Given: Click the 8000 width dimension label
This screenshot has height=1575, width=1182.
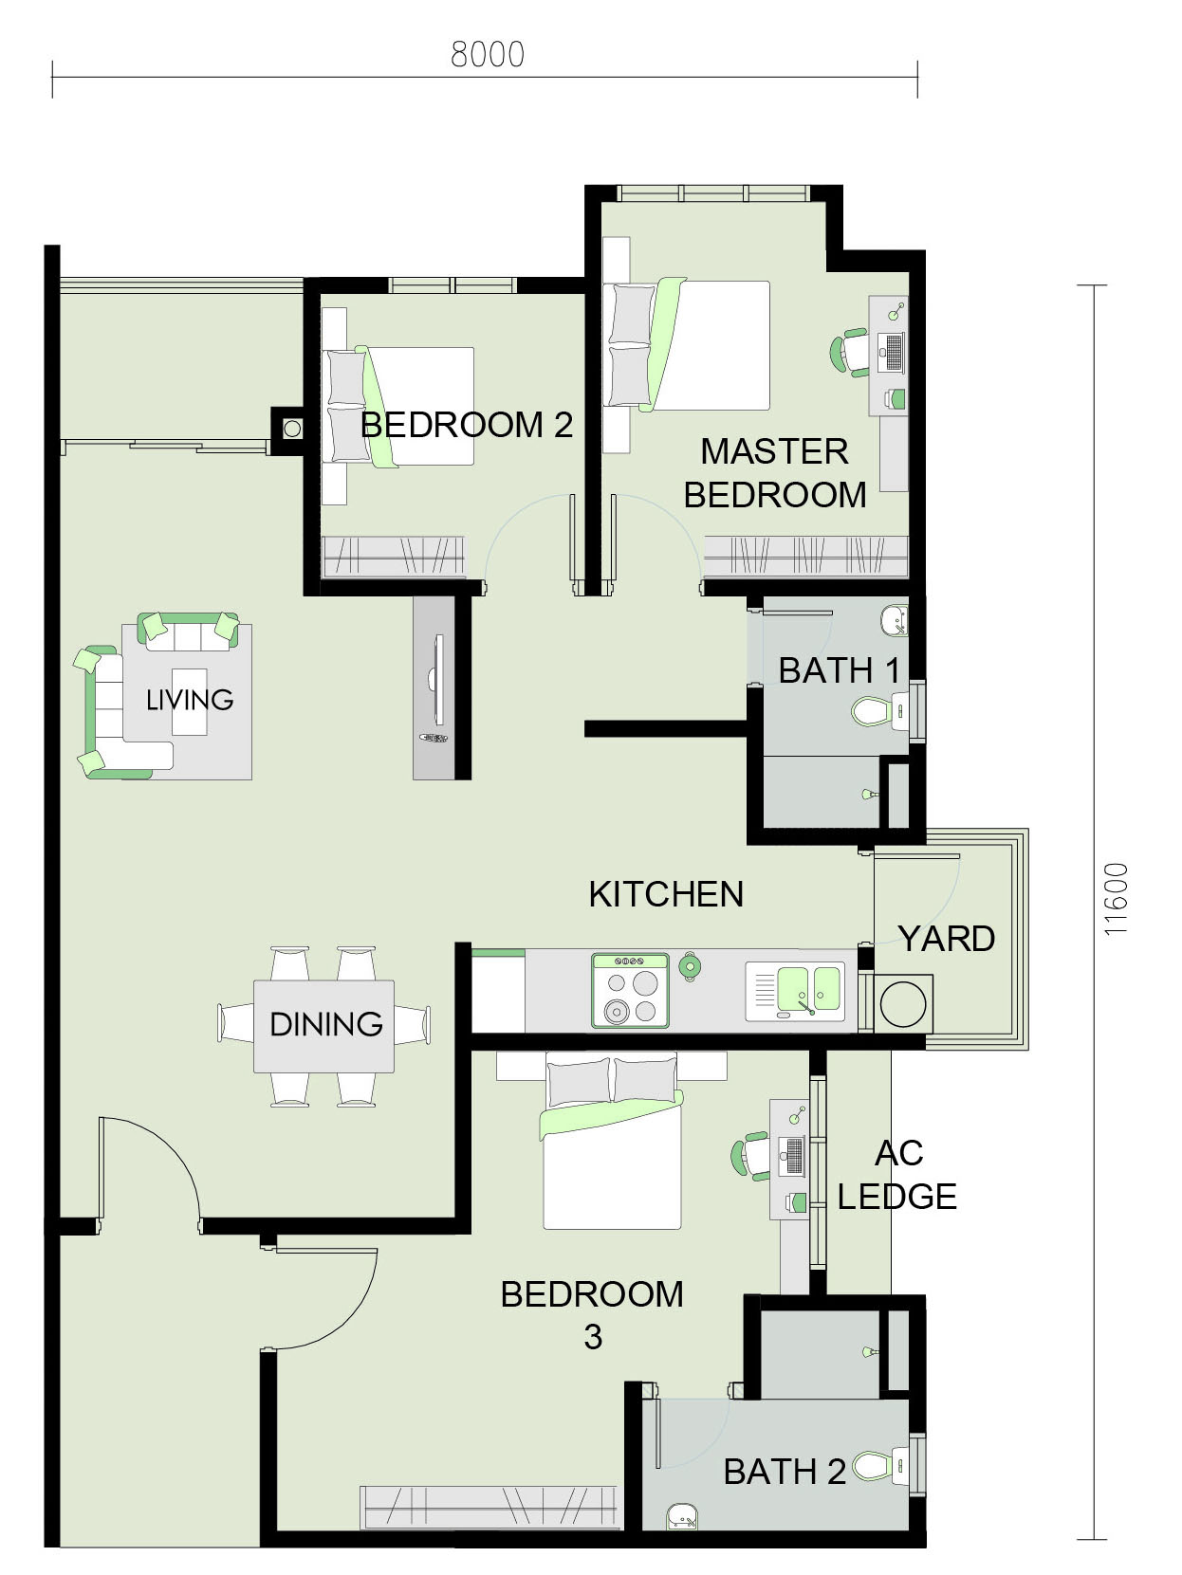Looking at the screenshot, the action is click(488, 55).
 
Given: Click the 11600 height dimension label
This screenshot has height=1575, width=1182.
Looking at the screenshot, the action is click(1117, 898).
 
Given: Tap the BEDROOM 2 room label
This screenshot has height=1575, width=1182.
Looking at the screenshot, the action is click(467, 425).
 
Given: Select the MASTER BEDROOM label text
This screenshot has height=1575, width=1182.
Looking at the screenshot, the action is click(775, 473).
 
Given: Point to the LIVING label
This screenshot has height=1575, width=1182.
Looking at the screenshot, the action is click(190, 700).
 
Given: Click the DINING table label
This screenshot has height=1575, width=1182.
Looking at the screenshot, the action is click(325, 1024).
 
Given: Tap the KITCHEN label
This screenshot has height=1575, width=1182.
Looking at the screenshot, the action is click(666, 894).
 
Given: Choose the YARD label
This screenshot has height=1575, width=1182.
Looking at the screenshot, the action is click(947, 939).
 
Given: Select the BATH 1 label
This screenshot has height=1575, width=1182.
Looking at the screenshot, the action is click(839, 671).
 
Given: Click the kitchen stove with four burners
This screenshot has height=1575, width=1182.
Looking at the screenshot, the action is click(630, 990).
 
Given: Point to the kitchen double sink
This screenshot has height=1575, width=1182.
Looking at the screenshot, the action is click(795, 991).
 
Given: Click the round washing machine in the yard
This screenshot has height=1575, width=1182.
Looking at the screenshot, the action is click(902, 1004).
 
